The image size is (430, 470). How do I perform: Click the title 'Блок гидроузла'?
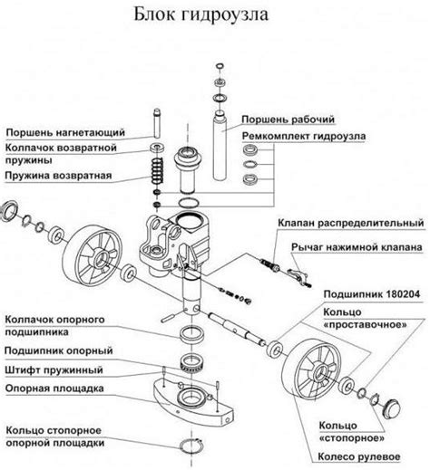pos(200,14)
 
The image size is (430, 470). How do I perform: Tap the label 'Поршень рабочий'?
pos(288,120)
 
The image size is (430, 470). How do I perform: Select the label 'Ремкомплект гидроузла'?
pos(304,136)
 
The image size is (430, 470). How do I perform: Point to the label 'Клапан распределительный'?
pos(351,223)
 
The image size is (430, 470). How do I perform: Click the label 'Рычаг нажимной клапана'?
pos(357,247)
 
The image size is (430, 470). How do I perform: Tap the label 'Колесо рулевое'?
pos(359,456)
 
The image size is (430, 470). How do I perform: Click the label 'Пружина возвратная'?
pos(58,176)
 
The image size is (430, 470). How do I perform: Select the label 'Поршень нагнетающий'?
pos(65,132)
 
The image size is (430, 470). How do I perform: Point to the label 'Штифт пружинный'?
pos(54,370)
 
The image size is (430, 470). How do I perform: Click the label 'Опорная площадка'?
pos(54,388)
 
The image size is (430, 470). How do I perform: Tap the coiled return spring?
pos(158,170)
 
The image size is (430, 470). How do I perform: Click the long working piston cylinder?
pos(220,146)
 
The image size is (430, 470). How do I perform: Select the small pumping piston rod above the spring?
pos(157,123)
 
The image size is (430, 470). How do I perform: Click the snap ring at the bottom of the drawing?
pos(191,446)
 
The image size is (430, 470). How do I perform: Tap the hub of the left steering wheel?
pos(101,259)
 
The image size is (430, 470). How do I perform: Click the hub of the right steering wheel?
pos(320,373)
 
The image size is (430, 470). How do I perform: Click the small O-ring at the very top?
pos(220,66)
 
